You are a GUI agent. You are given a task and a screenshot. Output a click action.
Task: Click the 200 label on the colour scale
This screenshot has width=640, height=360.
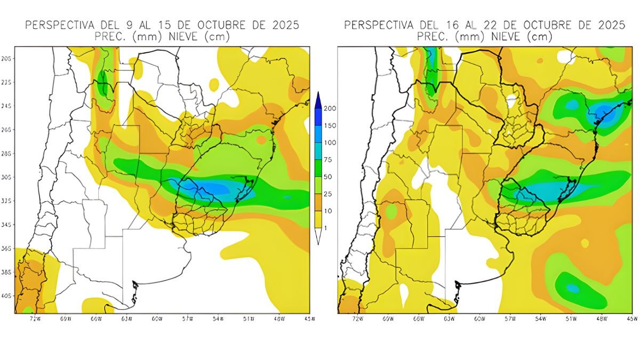[x=330, y=108]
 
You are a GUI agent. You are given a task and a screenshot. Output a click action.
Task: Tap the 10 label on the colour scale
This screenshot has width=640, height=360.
[x=328, y=211]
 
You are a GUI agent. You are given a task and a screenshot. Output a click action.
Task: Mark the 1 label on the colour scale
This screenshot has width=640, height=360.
[x=326, y=228]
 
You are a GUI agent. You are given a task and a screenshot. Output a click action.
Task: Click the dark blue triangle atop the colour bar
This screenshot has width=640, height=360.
[x=318, y=99]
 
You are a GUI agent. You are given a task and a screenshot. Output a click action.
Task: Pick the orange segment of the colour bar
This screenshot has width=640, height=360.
[x=318, y=203]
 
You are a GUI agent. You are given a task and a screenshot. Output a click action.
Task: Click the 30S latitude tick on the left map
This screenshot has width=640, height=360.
[x=7, y=177]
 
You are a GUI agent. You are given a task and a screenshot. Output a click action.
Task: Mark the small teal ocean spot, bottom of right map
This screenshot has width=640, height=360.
[x=572, y=289]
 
